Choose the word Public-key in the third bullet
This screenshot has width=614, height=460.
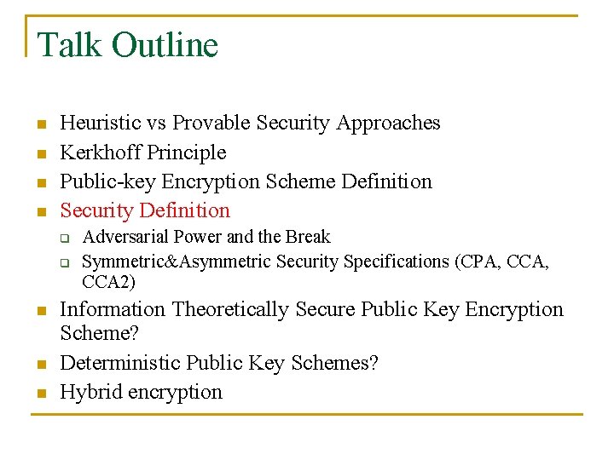point(101,181)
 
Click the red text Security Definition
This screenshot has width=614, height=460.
point(145,210)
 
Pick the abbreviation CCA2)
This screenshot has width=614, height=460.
point(109,282)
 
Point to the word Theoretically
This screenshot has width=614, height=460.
point(229,309)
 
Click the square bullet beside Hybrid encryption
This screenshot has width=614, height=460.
point(40,394)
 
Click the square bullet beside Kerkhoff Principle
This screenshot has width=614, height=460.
point(40,153)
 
